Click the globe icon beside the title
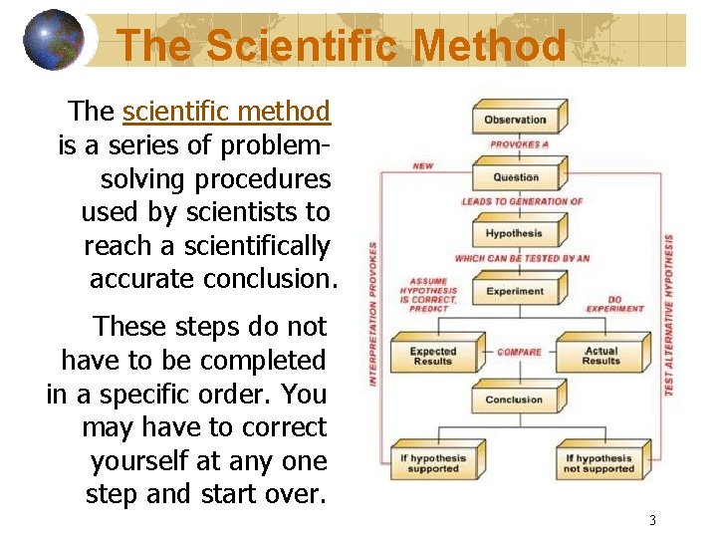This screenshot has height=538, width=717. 54,41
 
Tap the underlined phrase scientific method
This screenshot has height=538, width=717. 226,111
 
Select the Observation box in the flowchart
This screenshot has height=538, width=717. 516,120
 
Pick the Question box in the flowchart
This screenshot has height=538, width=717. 516,177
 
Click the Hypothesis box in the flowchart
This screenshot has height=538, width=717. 515,234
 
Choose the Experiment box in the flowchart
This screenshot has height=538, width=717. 515,292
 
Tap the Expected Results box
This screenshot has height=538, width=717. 433,357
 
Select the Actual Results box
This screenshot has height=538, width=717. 600,357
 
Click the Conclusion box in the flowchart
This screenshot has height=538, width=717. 515,401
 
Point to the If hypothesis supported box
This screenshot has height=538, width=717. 433,464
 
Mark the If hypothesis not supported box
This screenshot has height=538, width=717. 599,464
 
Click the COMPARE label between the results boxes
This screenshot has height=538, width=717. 519,352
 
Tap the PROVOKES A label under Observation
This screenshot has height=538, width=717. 519,144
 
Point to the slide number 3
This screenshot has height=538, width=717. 652,520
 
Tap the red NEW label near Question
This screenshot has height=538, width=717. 423,166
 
